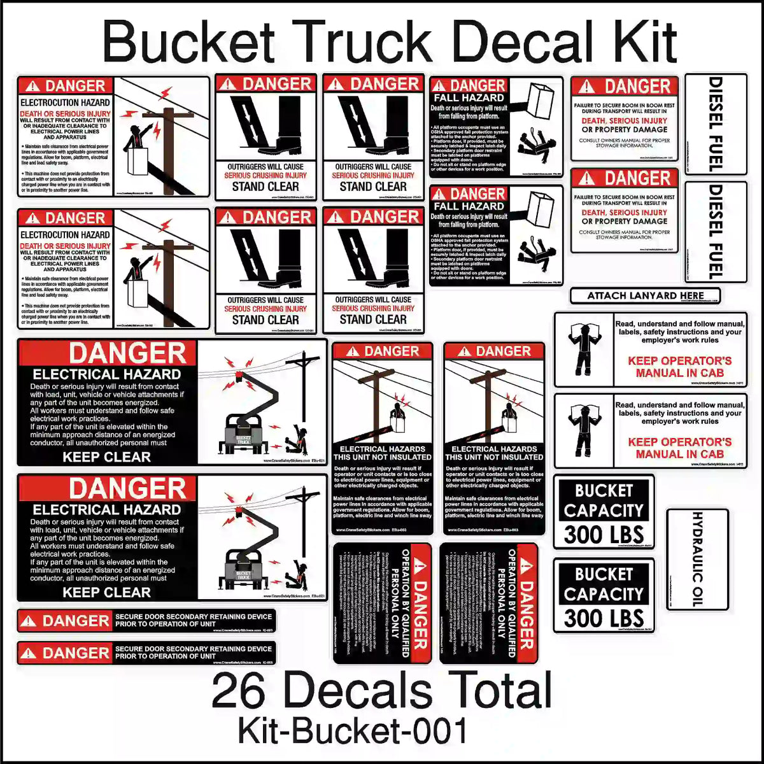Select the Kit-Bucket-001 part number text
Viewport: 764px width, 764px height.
[x=353, y=731]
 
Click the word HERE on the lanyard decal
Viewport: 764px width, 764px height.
[x=692, y=295]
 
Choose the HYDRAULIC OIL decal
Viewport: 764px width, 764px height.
[x=697, y=558]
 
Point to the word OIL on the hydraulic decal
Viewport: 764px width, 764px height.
[x=697, y=593]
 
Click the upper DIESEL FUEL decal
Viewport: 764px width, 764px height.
[x=716, y=124]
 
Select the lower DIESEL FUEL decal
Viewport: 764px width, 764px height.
[x=716, y=232]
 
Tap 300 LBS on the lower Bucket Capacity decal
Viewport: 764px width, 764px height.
[x=604, y=618]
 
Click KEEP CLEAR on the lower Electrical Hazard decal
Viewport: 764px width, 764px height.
[x=106, y=592]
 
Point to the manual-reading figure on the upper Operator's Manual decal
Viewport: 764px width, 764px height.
[x=583, y=350]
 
